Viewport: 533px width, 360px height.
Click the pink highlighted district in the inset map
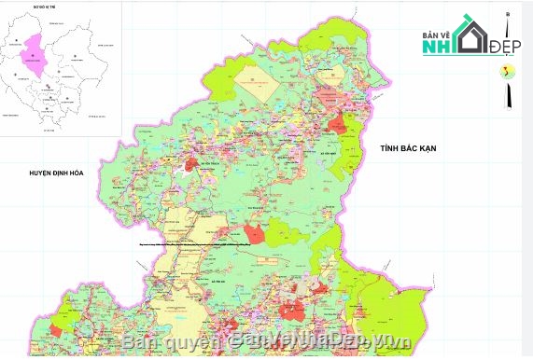tap(35, 57)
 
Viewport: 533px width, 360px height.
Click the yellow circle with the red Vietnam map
tap(508, 73)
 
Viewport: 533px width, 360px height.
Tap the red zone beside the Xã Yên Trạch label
tap(191, 164)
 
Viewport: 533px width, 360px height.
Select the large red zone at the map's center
tap(253, 234)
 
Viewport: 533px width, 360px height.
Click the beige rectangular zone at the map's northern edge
tap(257, 80)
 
